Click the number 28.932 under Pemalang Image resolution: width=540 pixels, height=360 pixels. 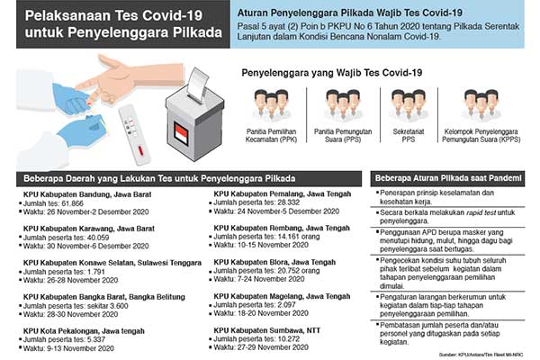pos(286,203)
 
